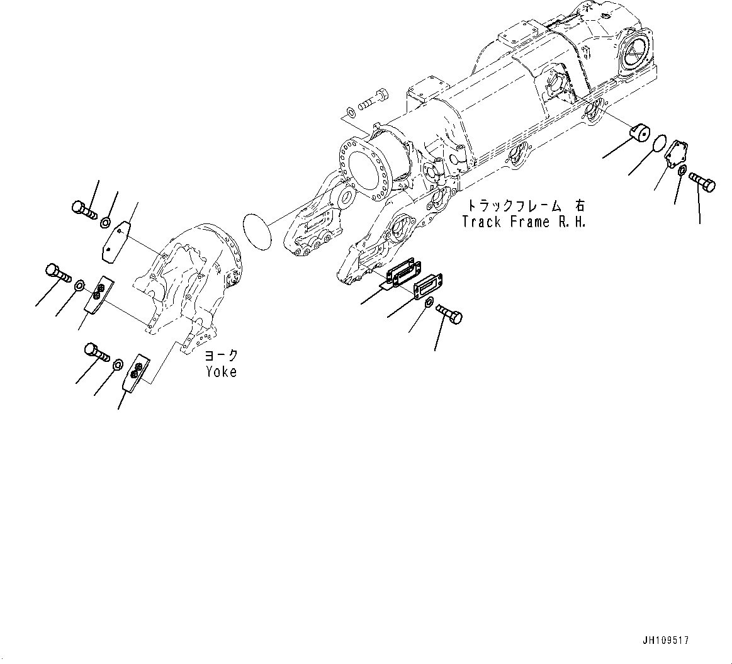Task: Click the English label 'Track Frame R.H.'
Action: click(524, 222)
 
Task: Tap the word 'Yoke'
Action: click(221, 372)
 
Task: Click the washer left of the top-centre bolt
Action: click(349, 113)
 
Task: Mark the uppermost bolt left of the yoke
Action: click(83, 209)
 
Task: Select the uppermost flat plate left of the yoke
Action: click(116, 239)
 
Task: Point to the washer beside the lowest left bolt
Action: click(118, 366)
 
